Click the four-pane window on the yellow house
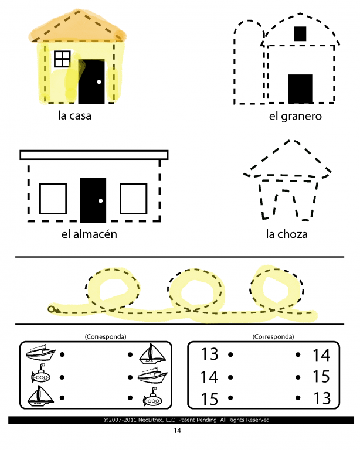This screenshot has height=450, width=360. click(x=62, y=59)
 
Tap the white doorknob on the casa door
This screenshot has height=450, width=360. click(x=99, y=82)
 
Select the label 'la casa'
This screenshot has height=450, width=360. click(x=74, y=115)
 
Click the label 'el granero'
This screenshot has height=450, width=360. click(x=295, y=116)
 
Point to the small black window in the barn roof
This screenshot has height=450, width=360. click(x=300, y=33)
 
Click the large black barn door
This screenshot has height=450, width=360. click(x=300, y=88)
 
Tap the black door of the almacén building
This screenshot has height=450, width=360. click(x=93, y=200)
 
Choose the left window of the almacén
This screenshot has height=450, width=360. click(x=53, y=199)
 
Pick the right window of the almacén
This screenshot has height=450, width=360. click(x=134, y=199)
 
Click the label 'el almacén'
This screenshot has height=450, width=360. click(x=89, y=234)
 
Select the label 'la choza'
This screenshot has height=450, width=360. click(x=287, y=234)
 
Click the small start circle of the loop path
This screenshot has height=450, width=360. click(x=52, y=309)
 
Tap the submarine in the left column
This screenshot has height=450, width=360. click(x=41, y=374)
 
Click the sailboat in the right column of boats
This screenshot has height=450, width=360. click(x=152, y=354)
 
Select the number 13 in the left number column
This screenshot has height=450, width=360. click(x=209, y=354)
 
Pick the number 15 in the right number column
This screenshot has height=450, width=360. click(x=321, y=377)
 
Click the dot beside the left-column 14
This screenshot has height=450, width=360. click(x=230, y=377)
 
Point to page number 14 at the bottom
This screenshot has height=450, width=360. click(x=178, y=431)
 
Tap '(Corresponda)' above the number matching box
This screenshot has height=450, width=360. click(x=273, y=337)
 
